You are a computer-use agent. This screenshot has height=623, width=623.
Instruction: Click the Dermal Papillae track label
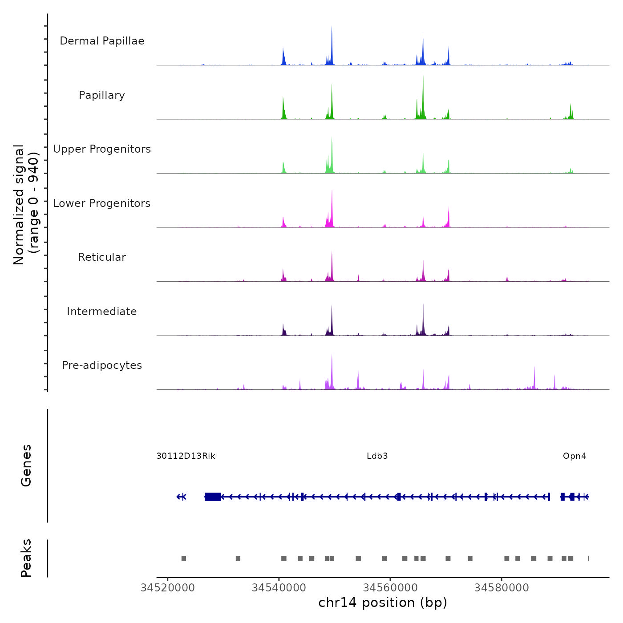click(x=102, y=41)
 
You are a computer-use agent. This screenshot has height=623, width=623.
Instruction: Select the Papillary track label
click(x=102, y=95)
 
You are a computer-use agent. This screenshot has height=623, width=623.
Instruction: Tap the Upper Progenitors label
click(x=102, y=149)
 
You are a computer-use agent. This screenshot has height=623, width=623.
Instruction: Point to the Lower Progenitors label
click(x=102, y=203)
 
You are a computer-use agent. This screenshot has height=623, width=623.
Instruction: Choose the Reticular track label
click(x=102, y=257)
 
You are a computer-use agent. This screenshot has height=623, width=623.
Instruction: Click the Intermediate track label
click(x=102, y=311)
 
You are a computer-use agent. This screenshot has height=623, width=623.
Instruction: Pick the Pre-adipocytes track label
click(x=102, y=365)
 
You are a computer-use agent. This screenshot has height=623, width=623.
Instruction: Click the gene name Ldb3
click(x=377, y=456)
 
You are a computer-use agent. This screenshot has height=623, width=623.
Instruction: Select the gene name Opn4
click(x=574, y=456)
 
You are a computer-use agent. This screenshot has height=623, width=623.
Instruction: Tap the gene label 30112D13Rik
click(x=186, y=456)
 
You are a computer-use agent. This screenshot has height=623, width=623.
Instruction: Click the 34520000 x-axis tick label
click(x=168, y=588)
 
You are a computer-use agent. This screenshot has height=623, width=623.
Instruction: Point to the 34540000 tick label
click(x=279, y=588)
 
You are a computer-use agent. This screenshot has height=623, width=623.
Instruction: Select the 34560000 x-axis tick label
click(x=390, y=588)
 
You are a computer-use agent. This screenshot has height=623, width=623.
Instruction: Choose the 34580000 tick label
click(x=502, y=588)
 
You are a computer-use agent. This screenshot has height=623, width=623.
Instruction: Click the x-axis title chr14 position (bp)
click(x=383, y=603)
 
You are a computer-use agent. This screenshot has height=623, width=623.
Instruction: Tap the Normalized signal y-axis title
click(x=26, y=205)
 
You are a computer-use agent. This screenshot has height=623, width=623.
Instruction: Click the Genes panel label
click(x=26, y=465)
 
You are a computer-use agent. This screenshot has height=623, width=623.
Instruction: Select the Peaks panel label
click(x=26, y=558)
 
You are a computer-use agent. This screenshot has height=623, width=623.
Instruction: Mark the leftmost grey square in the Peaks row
click(x=184, y=558)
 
